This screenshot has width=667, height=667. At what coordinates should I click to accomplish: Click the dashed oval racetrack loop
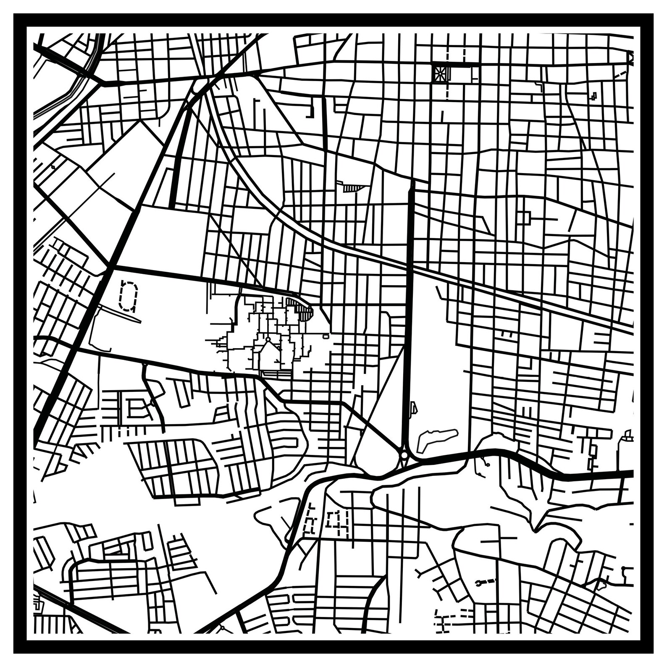(129, 296)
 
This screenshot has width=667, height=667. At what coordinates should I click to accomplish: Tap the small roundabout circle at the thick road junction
(404, 455)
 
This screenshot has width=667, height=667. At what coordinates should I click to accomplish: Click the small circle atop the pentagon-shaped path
(268, 339)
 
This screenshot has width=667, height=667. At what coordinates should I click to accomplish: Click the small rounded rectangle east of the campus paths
(326, 336)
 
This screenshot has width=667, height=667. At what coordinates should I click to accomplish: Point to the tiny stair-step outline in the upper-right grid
(593, 97)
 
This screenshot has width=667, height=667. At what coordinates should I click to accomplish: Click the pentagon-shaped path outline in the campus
(268, 351)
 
